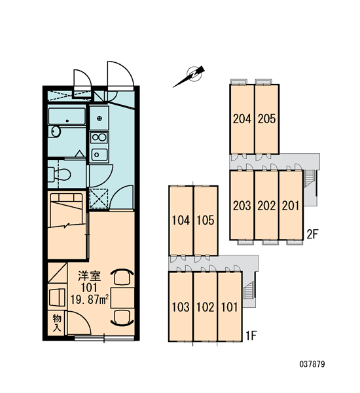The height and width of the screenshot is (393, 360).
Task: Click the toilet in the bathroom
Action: (x=60, y=174)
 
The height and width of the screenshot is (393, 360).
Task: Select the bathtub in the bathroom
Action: (x=67, y=116)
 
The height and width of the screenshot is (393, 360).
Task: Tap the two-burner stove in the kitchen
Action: (x=99, y=138)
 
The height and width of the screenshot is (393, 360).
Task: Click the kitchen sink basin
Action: (x=99, y=155)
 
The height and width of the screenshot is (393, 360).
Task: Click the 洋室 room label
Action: (x=90, y=276)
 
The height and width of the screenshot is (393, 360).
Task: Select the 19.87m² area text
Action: (x=90, y=299)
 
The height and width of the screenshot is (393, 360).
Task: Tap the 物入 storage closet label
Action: (x=57, y=323)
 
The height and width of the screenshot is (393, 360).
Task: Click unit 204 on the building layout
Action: (x=242, y=119)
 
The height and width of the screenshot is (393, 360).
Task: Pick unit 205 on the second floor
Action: (x=266, y=119)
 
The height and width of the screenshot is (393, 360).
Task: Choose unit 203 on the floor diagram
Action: (x=242, y=206)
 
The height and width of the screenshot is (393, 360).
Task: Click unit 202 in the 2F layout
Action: (x=266, y=206)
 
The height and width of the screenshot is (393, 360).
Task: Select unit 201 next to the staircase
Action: (x=291, y=206)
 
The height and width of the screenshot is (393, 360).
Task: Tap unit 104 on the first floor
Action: (x=181, y=221)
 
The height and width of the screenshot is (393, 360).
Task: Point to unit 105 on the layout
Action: (x=206, y=221)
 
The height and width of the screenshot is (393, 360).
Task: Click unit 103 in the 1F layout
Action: (x=181, y=307)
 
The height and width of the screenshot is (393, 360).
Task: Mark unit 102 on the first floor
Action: (x=206, y=307)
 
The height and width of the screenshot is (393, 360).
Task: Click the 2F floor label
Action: (x=312, y=234)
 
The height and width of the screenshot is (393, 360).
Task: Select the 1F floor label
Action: (x=251, y=336)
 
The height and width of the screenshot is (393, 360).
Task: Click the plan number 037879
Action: (x=312, y=364)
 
